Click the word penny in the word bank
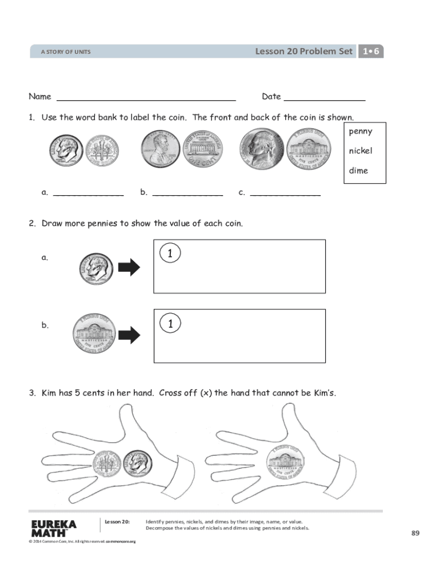[360, 132]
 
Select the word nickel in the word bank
[361, 151]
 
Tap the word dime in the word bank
[358, 171]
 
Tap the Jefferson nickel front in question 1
[262, 148]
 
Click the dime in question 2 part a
[96, 268]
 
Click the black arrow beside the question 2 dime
[129, 267]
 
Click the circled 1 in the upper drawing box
[170, 252]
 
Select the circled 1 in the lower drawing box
[170, 323]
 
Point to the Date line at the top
[324, 98]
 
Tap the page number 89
[415, 533]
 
